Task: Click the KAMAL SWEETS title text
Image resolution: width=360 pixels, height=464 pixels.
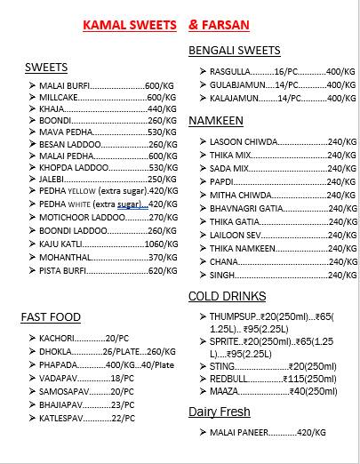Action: [x=131, y=26]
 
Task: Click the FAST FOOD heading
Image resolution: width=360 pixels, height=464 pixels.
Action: [x=51, y=316]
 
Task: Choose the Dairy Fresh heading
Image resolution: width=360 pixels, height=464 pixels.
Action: [x=220, y=412]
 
